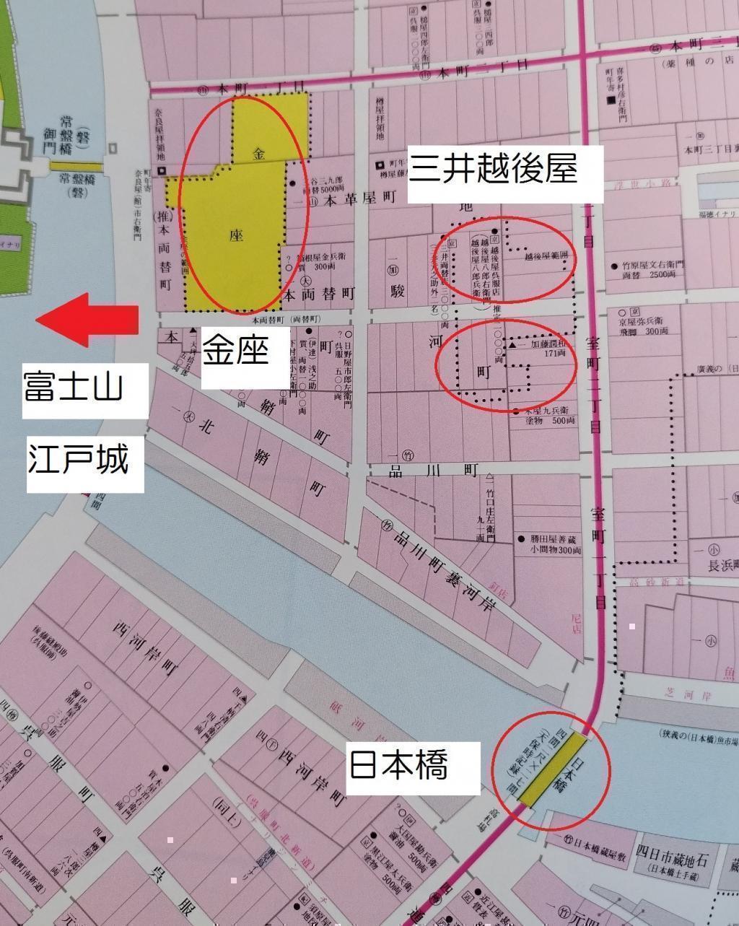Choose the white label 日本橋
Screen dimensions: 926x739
pos(398,764)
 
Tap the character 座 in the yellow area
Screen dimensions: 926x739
pos(234,235)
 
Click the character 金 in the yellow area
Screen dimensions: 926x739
pos(260,154)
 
